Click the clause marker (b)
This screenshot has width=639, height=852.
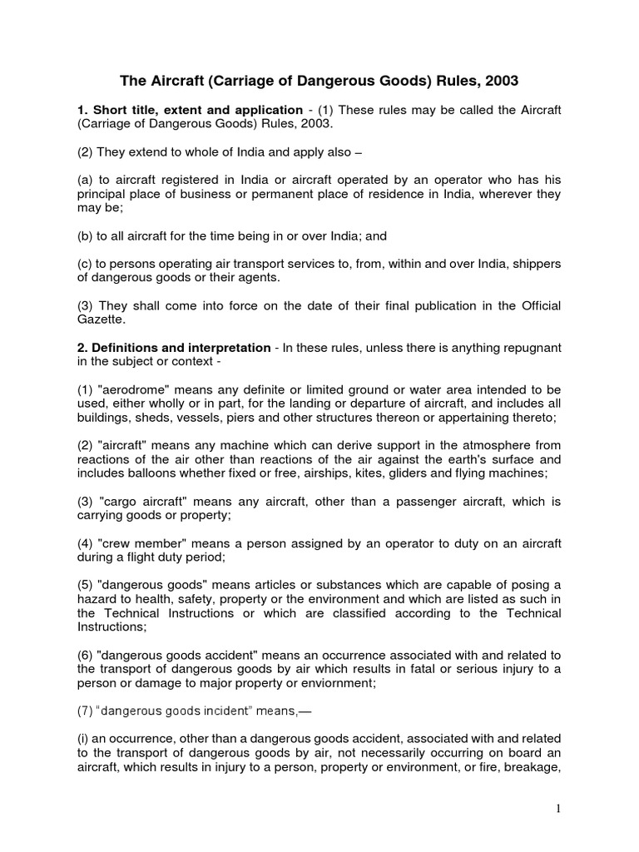pos(85,235)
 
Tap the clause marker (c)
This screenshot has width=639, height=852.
pos(85,264)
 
